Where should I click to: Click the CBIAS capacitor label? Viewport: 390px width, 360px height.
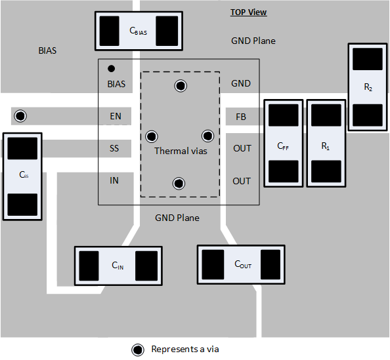click(x=138, y=31)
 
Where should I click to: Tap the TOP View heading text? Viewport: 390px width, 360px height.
click(x=248, y=12)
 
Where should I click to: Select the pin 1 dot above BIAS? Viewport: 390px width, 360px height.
click(x=112, y=68)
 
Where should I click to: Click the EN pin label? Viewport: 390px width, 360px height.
click(x=115, y=117)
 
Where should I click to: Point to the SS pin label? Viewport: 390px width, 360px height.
click(x=114, y=148)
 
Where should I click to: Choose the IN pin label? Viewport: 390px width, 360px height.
click(x=114, y=180)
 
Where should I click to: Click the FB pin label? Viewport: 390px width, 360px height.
click(x=241, y=117)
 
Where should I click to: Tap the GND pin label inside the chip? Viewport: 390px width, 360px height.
click(x=241, y=84)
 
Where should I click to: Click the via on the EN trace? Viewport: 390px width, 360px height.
click(x=20, y=116)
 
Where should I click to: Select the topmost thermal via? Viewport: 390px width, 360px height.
click(x=180, y=85)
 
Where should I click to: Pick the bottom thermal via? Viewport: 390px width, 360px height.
click(x=178, y=184)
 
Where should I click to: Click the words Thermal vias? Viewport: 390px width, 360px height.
click(x=181, y=151)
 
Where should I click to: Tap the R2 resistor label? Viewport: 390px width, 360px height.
click(x=367, y=87)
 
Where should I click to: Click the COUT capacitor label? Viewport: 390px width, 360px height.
click(x=243, y=264)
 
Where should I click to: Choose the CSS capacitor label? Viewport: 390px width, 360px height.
click(x=23, y=175)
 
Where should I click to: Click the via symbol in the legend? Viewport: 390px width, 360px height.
click(x=137, y=350)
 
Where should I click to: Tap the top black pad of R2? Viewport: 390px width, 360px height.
click(x=367, y=59)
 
